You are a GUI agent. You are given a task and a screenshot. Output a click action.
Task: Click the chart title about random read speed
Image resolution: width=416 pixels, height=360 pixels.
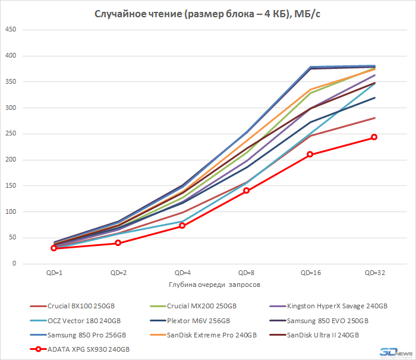click(208, 14)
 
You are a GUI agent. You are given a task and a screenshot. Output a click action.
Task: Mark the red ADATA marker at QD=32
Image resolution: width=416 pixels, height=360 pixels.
click(374, 137)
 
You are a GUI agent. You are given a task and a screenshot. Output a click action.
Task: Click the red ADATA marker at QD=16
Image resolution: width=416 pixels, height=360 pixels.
click(310, 154)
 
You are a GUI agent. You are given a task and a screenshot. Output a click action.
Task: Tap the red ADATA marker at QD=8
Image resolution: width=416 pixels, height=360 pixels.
click(246, 191)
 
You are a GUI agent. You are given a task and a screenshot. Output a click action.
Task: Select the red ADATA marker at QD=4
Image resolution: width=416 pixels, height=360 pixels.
click(182, 226)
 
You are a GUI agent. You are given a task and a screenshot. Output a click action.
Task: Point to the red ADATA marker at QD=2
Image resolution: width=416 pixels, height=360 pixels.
click(118, 243)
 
